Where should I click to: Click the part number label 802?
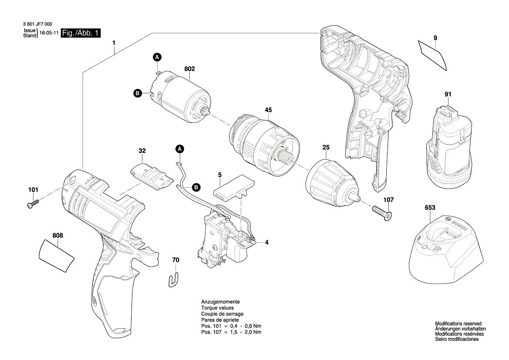click(x=189, y=69)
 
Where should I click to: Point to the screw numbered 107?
click(x=382, y=212)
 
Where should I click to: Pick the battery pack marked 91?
click(x=447, y=146)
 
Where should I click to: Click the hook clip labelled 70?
click(x=174, y=279)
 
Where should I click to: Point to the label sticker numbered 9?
click(x=433, y=54)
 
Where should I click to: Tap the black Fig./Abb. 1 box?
click(x=81, y=33)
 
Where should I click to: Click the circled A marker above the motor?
click(x=157, y=57)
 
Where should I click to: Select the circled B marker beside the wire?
click(x=196, y=187)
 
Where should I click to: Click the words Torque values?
click(x=217, y=308)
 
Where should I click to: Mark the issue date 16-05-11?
click(x=49, y=33)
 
